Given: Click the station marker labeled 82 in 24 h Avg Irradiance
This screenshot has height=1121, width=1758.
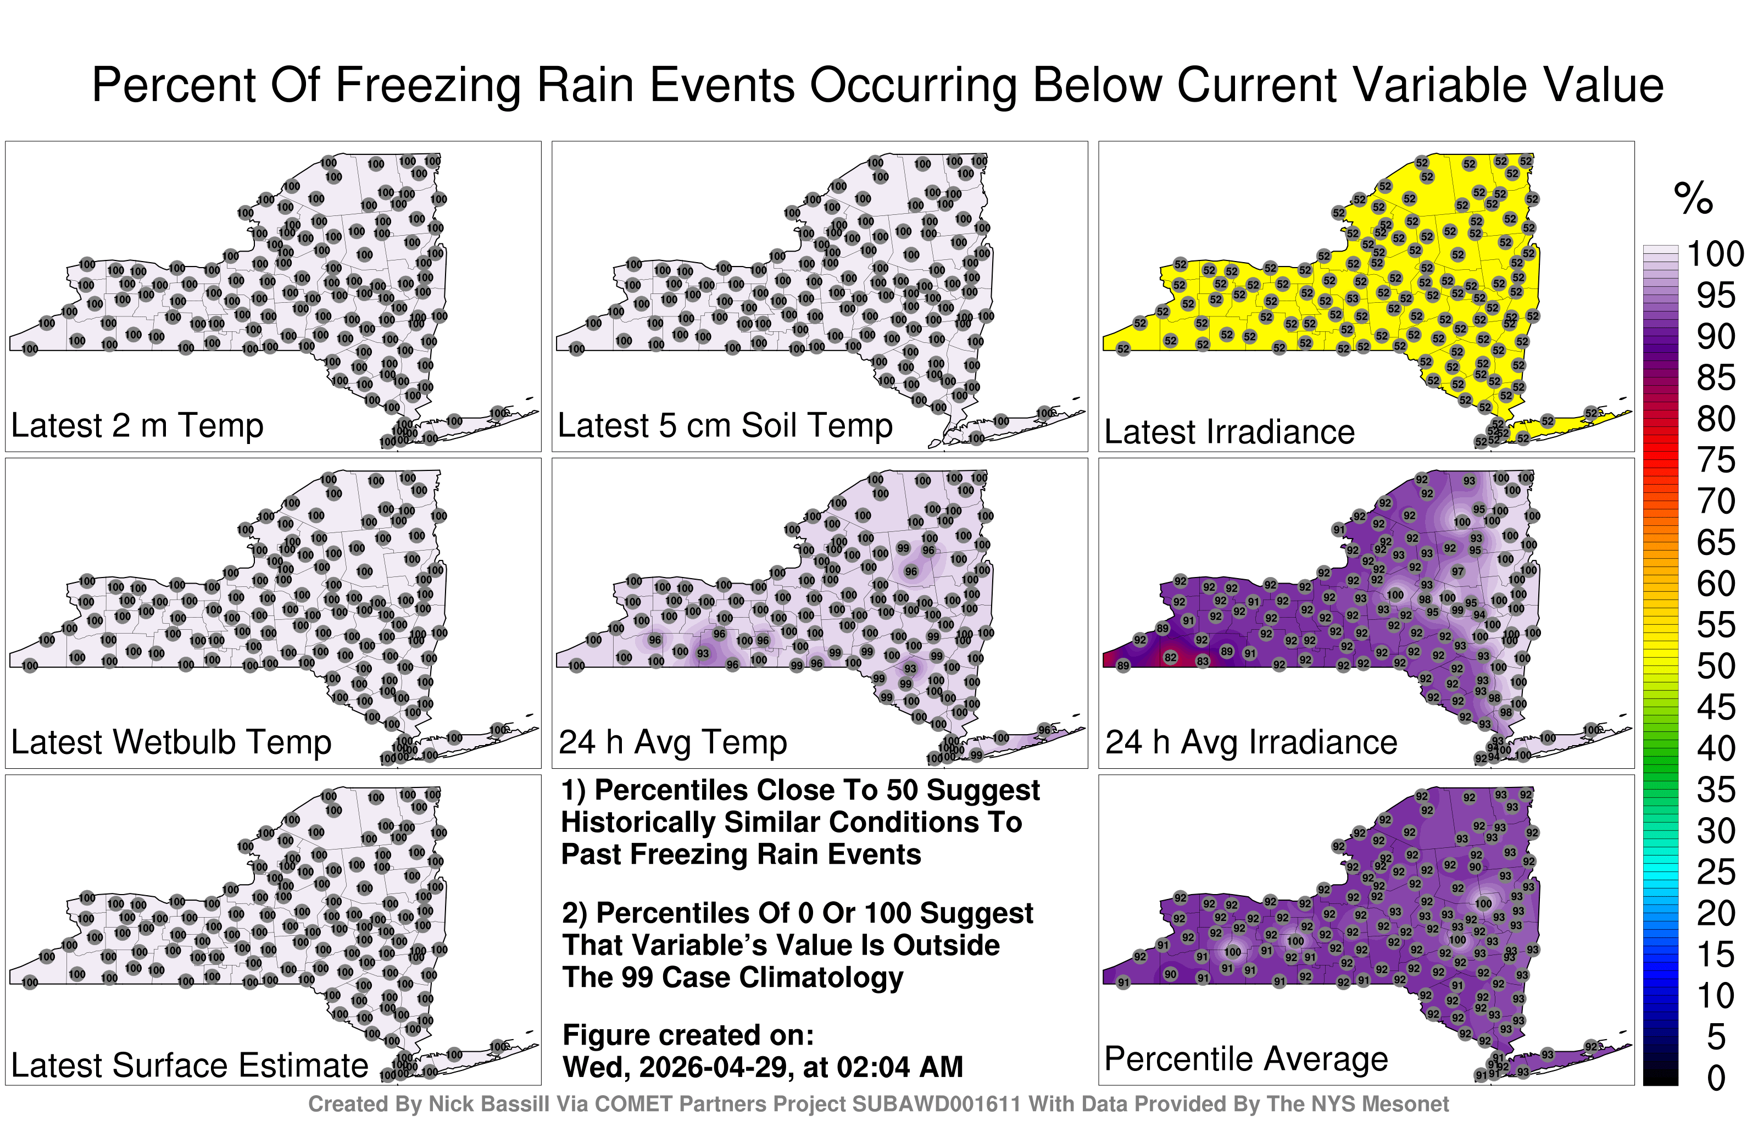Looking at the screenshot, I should click(x=1170, y=657).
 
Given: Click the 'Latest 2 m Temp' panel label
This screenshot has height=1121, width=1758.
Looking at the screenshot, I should click(x=137, y=425).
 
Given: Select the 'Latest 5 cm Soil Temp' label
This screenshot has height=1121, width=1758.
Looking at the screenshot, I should click(x=725, y=425).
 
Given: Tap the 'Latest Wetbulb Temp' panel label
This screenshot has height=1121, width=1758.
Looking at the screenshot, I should click(x=171, y=742).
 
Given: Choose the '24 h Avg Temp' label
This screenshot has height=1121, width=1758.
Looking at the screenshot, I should click(x=672, y=742).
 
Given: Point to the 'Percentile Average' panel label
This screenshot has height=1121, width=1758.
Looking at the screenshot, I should click(x=1245, y=1058).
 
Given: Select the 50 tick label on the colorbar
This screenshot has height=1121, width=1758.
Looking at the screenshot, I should click(x=1715, y=666).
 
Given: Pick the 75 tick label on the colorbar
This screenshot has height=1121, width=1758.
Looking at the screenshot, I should click(x=1715, y=460).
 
